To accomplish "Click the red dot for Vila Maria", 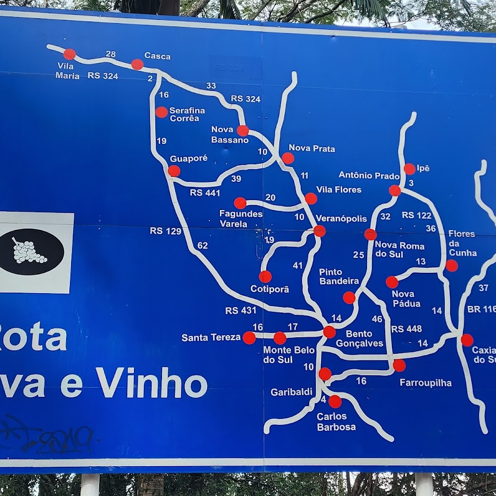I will (x=69, y=54).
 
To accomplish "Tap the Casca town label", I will (x=157, y=56).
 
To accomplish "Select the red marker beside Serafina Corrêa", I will (x=161, y=112).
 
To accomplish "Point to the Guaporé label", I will (x=188, y=158).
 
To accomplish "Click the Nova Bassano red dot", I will (x=242, y=131).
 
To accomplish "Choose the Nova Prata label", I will (x=311, y=148).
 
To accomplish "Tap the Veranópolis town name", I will (x=341, y=218).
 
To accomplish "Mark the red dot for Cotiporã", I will (x=265, y=277).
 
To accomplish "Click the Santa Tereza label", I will (x=211, y=337).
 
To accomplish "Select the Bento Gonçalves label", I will (x=359, y=338).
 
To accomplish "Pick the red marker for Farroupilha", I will (x=399, y=365).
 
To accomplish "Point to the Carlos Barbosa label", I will (x=336, y=422).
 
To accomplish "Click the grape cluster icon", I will (x=29, y=251).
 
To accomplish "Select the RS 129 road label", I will (x=165, y=231).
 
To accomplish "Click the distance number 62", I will (x=202, y=245).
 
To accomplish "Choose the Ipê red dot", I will (x=409, y=169).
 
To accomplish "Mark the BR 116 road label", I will (x=481, y=309).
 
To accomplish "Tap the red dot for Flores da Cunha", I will (x=451, y=266).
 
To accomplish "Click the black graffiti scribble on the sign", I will (x=47, y=435).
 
